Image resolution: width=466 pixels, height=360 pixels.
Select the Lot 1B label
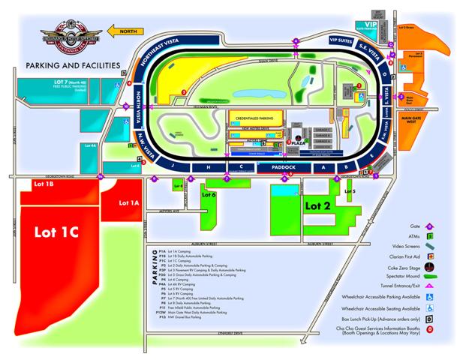[x=44, y=184]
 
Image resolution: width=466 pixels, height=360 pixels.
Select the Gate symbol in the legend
[x=428, y=225]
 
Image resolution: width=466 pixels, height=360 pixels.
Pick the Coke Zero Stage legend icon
[x=428, y=277]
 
